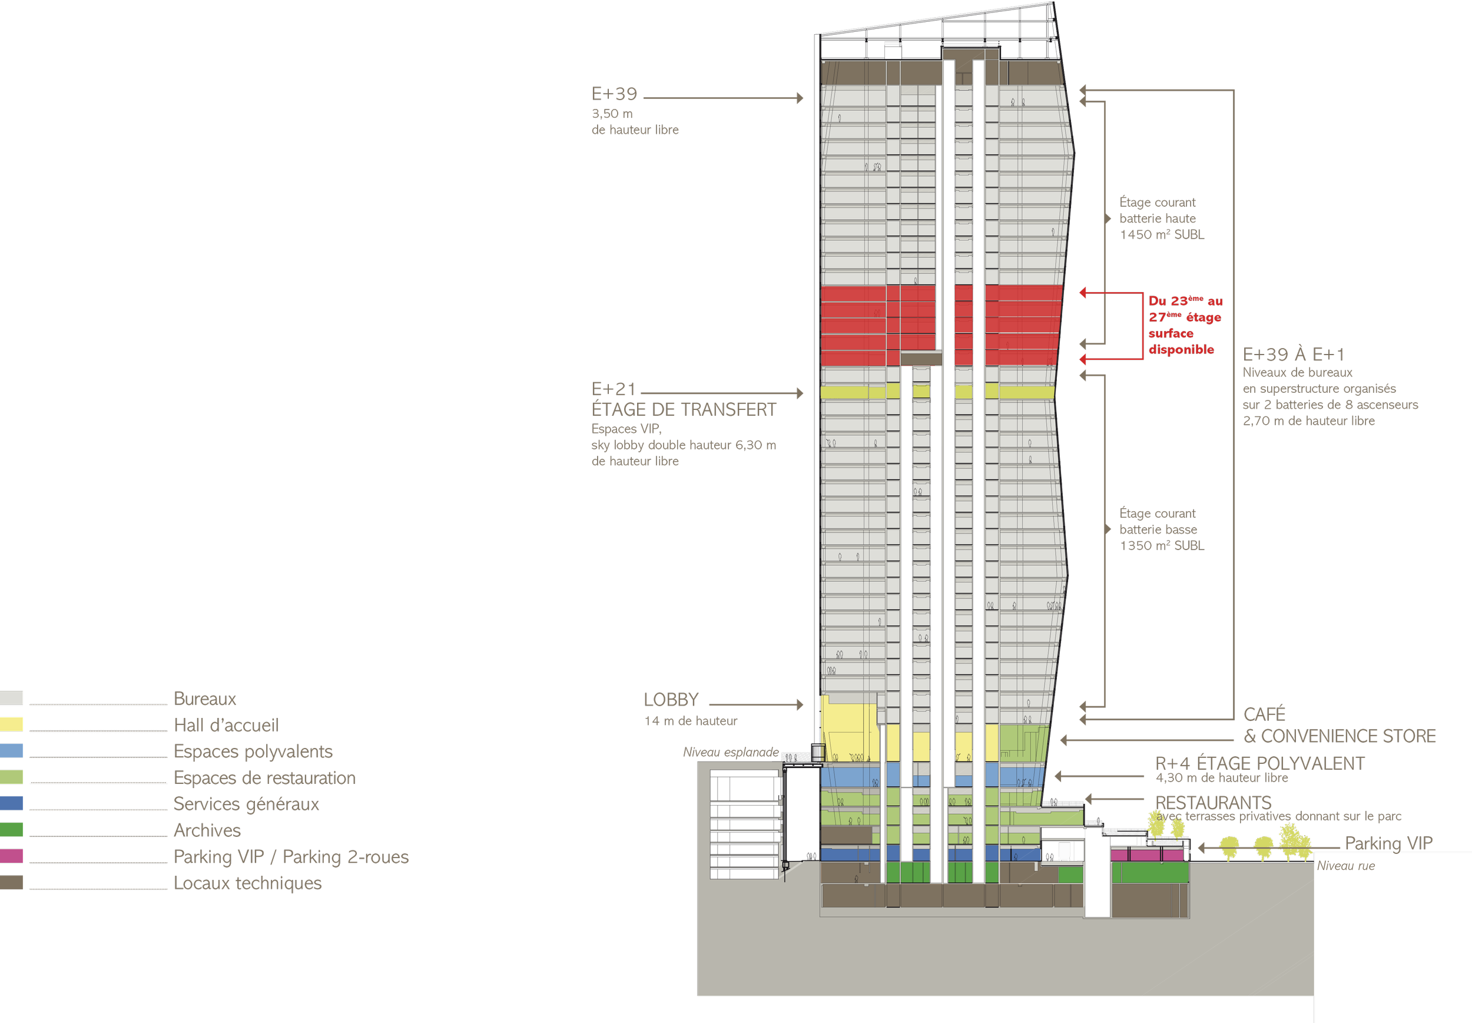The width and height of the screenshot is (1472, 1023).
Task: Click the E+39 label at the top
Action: click(614, 94)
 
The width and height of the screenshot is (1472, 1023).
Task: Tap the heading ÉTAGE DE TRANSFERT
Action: click(683, 410)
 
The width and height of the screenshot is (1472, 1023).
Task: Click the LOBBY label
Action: click(671, 700)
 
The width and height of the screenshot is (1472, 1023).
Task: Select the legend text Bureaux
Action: click(205, 698)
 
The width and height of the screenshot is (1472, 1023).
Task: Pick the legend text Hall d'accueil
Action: click(227, 725)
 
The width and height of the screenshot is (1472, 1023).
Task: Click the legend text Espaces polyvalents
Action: click(253, 751)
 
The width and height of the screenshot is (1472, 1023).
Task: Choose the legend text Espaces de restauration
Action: click(264, 777)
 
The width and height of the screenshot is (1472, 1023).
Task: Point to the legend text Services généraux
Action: click(246, 804)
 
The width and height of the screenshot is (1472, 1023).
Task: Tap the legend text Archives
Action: click(208, 830)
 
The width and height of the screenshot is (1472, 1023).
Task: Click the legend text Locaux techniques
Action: click(248, 883)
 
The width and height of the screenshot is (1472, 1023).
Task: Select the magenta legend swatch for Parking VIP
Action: click(12, 856)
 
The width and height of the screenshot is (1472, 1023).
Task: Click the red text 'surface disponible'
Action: click(1181, 341)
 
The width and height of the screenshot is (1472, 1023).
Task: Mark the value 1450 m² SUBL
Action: click(1162, 234)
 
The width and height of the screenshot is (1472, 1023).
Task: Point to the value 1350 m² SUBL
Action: click(1162, 545)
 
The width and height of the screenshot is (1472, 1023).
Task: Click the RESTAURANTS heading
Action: click(1213, 803)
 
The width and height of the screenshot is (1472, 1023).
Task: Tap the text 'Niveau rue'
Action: click(1346, 866)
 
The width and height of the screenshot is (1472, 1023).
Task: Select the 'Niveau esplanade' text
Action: click(731, 752)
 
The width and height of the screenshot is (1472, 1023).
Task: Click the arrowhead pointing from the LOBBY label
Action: click(800, 705)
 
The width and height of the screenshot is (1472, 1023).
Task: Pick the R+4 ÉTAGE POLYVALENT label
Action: click(1260, 763)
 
